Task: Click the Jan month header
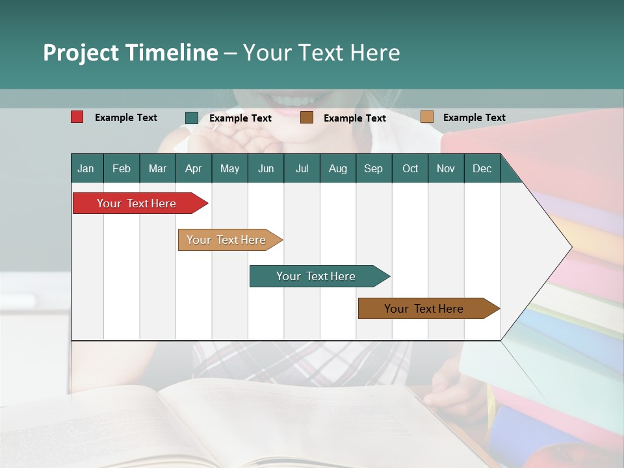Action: pos(86,168)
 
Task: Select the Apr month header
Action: pos(193,168)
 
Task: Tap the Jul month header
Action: pos(302,168)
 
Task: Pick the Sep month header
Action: pos(373,168)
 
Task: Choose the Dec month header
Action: pos(482,168)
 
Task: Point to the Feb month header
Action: pos(122,168)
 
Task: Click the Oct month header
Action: pos(410,168)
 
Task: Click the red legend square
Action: pos(77,117)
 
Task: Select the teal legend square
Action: pos(192,118)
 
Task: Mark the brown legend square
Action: pos(307,118)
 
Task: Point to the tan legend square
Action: pos(426,117)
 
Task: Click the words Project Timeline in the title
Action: pos(130,53)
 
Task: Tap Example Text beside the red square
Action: pos(126,118)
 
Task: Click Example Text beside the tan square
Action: pos(474,118)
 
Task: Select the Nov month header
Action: pos(446,168)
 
